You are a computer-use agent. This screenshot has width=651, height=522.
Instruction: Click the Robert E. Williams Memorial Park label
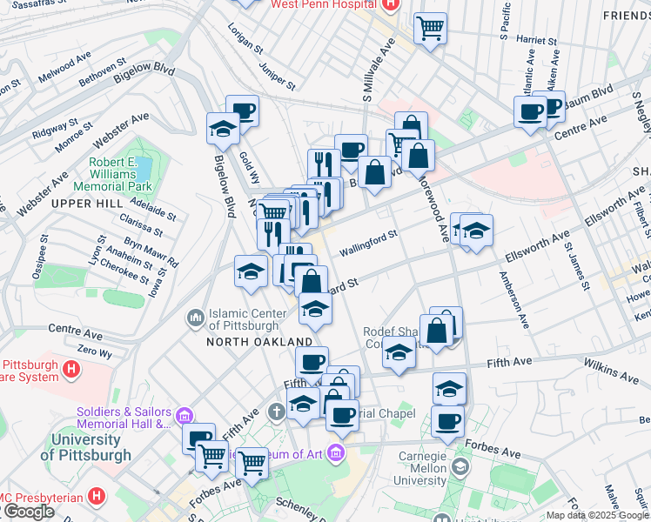[120, 172]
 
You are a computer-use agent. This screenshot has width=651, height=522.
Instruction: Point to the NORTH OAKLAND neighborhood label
[259, 342]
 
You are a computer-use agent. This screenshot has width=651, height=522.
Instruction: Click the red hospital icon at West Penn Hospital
[389, 4]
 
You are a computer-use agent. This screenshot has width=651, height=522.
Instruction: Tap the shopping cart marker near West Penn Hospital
[430, 28]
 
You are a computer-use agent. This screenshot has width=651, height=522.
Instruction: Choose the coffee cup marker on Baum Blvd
[530, 111]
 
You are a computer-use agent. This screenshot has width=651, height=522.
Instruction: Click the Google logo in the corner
[29, 512]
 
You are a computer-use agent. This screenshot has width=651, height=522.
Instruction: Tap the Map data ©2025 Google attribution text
[597, 515]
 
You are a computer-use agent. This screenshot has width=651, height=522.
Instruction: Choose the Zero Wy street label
[95, 353]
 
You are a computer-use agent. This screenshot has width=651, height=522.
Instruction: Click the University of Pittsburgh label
[87, 447]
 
